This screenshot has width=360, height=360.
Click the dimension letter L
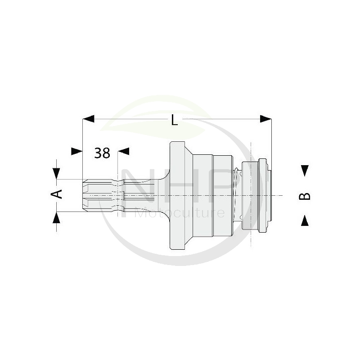175,120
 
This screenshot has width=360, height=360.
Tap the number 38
102,153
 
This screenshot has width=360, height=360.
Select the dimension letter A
57,194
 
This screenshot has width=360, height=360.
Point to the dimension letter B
305,197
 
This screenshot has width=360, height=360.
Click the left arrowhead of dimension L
88,119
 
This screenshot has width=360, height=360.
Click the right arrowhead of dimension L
265,119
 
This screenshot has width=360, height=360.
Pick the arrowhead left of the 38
76,151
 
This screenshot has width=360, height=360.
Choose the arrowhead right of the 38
123,151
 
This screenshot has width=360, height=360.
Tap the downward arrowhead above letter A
56,174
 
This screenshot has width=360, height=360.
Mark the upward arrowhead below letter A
56,217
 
